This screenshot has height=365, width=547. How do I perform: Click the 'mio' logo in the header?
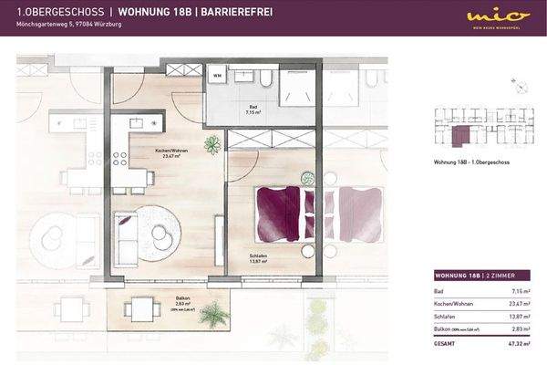tap(485, 16)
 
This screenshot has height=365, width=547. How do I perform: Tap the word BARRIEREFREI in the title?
tap(231, 13)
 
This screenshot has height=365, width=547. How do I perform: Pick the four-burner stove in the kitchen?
tap(119, 158)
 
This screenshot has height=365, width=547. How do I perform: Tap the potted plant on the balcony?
tap(215, 315)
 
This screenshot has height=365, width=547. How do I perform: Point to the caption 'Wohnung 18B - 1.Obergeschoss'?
tap(468, 162)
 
